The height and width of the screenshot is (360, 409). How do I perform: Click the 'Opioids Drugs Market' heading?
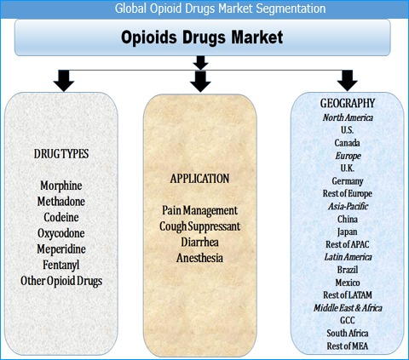(202, 37)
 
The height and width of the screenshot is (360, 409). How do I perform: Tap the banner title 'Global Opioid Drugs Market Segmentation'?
(220, 9)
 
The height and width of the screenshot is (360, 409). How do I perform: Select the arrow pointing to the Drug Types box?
(64, 81)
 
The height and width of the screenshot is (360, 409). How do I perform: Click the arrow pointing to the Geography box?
(347, 81)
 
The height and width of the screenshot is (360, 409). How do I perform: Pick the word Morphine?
(61, 186)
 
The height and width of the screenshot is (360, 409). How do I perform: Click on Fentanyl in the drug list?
(61, 266)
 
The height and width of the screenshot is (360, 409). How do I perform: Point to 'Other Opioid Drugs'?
(61, 281)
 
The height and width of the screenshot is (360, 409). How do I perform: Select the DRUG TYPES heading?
(61, 154)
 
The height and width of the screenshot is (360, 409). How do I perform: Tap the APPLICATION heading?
(199, 179)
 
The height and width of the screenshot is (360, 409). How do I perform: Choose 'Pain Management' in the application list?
(199, 211)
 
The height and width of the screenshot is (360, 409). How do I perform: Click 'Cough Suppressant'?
(199, 226)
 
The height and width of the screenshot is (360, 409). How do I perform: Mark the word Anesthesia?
(199, 258)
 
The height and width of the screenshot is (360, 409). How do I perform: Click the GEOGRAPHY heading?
(348, 103)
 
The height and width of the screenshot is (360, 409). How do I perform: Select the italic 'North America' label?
(348, 117)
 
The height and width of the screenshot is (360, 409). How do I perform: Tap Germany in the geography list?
(348, 181)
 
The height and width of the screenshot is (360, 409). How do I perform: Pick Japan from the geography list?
(348, 232)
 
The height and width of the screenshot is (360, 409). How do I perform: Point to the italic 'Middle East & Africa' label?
(348, 308)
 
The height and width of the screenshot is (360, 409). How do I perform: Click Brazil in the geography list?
(348, 270)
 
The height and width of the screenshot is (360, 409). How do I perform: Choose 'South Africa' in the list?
(348, 333)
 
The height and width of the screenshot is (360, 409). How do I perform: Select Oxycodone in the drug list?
(61, 233)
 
